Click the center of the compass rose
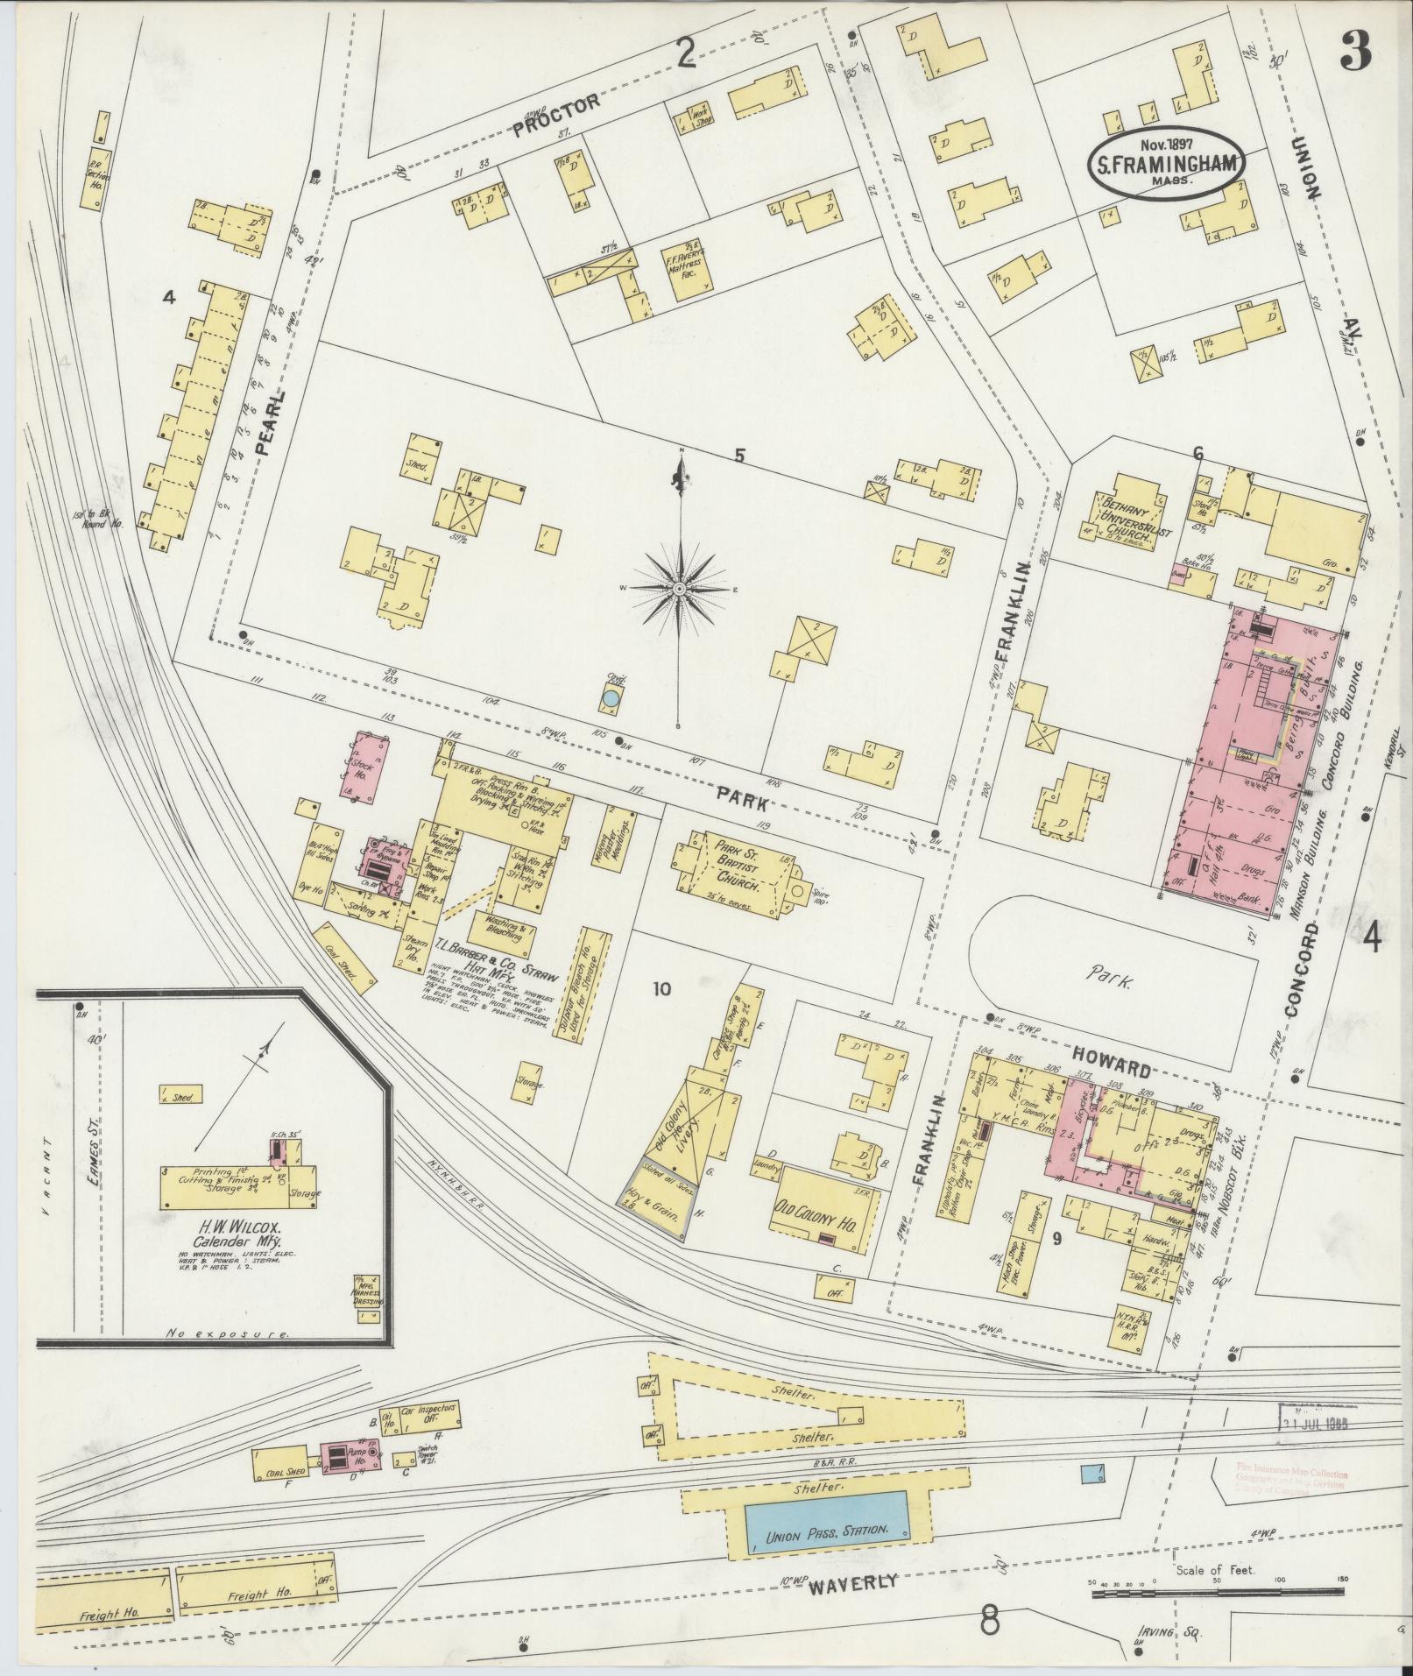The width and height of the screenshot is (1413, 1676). pyautogui.click(x=679, y=590)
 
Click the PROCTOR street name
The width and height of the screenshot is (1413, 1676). pyautogui.click(x=556, y=115)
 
